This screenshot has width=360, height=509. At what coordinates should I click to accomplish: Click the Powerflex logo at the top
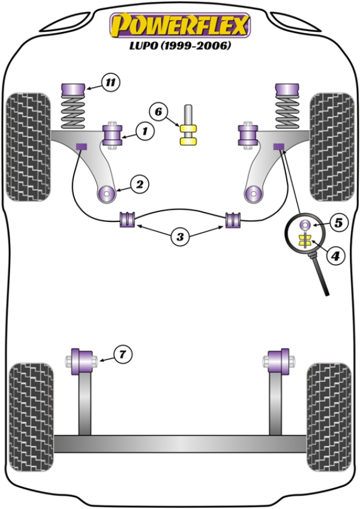point(179,25)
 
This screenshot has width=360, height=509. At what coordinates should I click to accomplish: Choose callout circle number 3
point(180,237)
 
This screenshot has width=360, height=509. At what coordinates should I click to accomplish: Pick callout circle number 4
point(335,256)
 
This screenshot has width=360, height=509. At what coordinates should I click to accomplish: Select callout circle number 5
point(338,223)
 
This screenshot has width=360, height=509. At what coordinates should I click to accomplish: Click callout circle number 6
point(158,112)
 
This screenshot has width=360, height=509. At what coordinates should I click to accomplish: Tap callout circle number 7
point(122,355)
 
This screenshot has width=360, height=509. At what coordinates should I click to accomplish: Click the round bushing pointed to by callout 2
point(107,194)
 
